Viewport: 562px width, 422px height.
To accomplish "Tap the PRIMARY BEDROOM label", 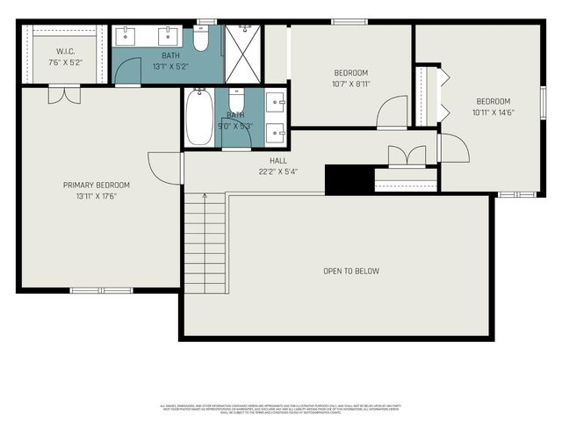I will tap(97, 185).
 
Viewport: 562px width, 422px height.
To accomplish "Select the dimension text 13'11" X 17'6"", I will tap(97, 196).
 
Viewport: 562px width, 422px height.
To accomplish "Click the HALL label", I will tap(278, 161).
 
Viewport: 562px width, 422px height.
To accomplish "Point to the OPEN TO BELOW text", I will tap(351, 271).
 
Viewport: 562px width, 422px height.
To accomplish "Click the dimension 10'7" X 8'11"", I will tap(350, 84).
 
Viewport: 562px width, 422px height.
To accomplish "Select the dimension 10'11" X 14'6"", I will tap(492, 113).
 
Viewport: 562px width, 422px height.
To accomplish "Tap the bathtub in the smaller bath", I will tap(198, 117).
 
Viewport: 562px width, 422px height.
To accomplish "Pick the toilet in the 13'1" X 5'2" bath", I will tap(201, 39).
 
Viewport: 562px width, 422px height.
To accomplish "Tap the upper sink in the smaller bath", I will tap(275, 102).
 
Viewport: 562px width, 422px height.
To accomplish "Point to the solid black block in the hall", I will tap(349, 178).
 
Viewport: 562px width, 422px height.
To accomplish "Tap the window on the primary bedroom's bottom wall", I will tap(100, 290).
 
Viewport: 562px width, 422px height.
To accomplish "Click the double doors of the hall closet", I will tap(405, 156).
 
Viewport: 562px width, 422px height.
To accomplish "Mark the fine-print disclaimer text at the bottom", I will tap(281, 409).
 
